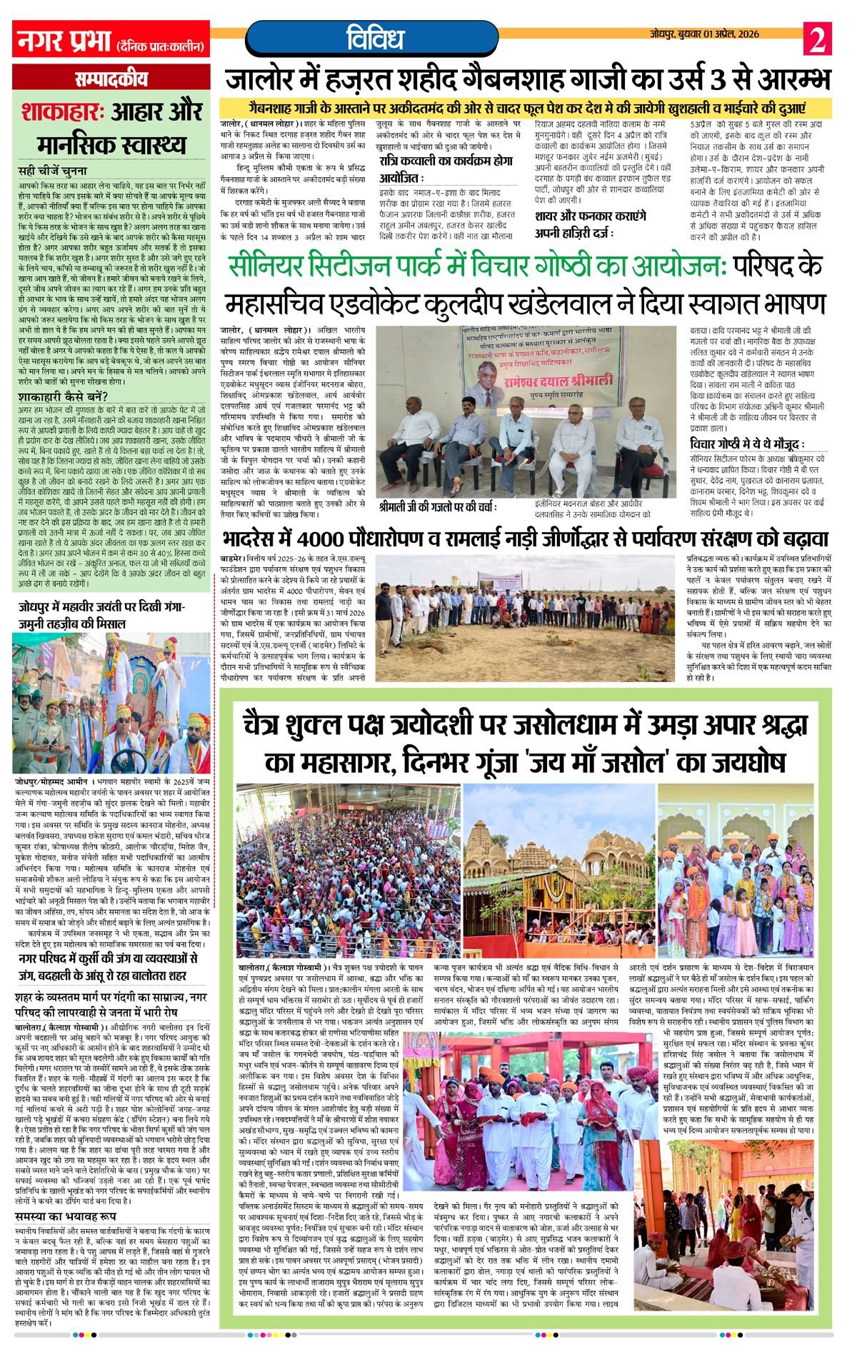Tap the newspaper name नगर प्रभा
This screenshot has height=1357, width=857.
pyautogui.click(x=63, y=41)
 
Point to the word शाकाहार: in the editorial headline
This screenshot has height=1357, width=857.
pyautogui.click(x=63, y=113)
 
